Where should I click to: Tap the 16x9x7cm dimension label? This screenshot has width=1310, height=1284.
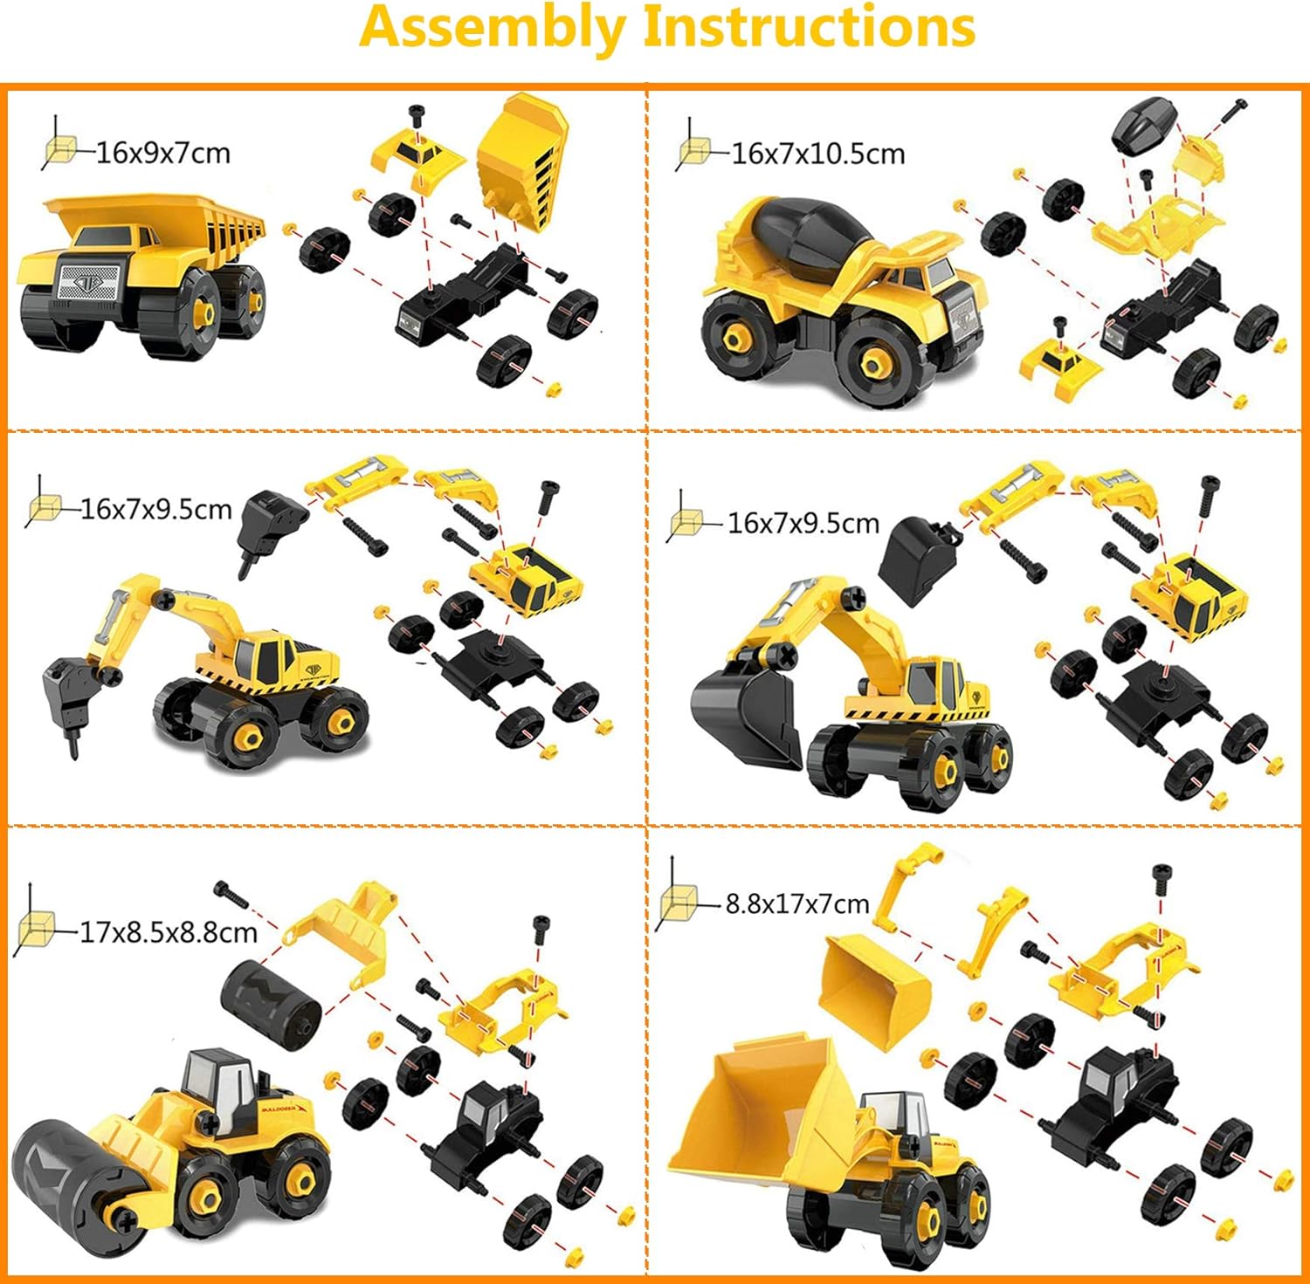[x=163, y=153]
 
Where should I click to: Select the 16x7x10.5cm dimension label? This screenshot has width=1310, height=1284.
[x=818, y=154]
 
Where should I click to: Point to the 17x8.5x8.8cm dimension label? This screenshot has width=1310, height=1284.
[x=169, y=932]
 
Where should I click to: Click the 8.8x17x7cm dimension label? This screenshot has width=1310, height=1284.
[x=797, y=903]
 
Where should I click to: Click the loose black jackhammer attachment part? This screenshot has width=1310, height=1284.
[x=269, y=528]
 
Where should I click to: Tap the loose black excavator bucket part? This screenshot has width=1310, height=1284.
[x=917, y=558]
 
